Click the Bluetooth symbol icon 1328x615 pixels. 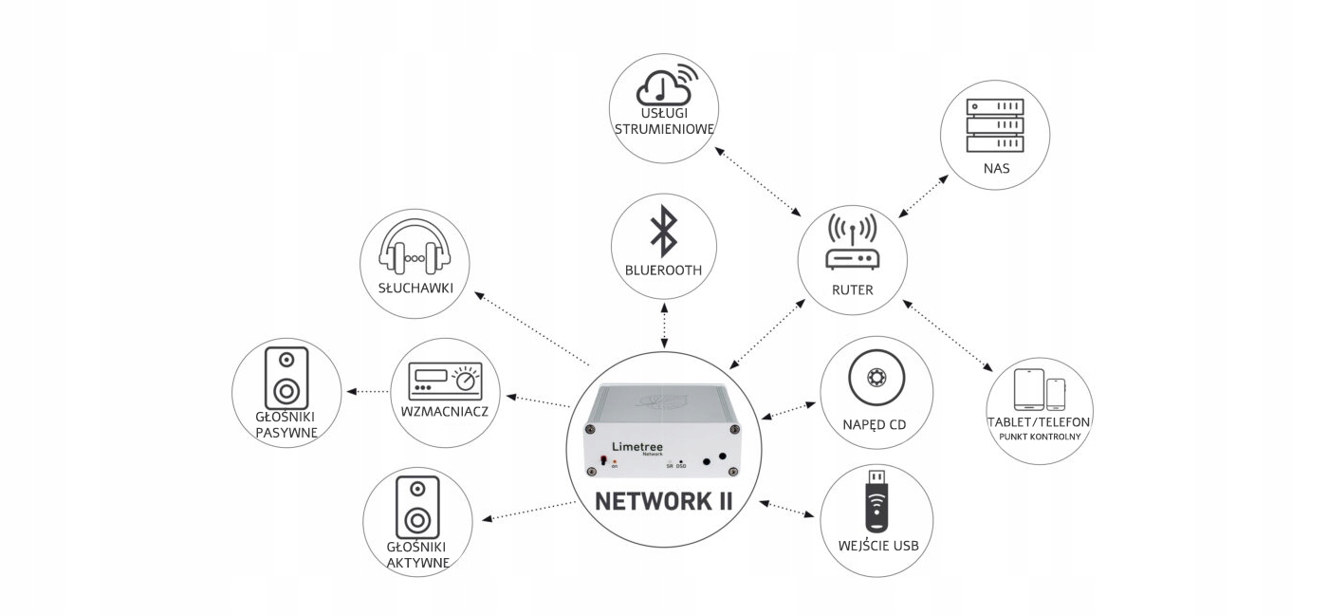tap(663, 231)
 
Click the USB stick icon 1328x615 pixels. tap(876, 501)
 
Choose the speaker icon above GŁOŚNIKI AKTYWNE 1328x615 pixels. tap(417, 505)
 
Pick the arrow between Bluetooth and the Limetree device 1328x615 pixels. tap(664, 326)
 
